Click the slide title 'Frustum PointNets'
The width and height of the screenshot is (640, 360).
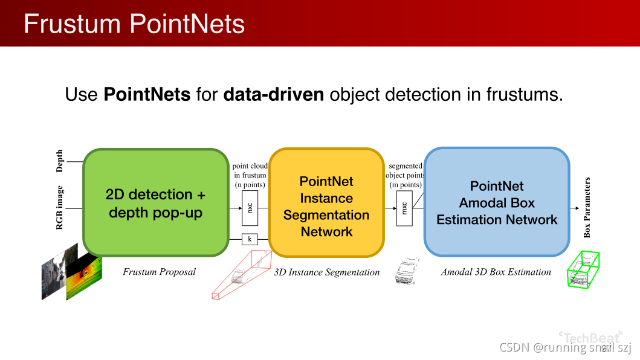134,24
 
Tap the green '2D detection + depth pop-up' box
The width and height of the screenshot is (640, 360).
155,203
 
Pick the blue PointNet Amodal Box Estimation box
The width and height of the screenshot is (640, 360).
497,203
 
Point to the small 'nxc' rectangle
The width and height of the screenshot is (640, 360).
250,208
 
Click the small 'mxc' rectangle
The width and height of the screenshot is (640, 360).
405,208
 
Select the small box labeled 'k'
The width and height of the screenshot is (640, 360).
250,239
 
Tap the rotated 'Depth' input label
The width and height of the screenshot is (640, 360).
59,161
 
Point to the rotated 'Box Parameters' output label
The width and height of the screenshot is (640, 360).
587,208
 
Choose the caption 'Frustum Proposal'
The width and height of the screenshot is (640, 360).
160,272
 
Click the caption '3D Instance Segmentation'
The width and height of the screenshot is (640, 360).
327,272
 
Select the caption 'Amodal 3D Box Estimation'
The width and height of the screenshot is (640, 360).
496,272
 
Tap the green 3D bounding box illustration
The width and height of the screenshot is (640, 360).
583,269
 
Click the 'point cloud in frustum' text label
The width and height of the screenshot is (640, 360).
250,175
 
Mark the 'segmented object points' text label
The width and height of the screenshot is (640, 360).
405,175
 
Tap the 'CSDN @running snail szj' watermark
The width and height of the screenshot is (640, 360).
565,347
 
